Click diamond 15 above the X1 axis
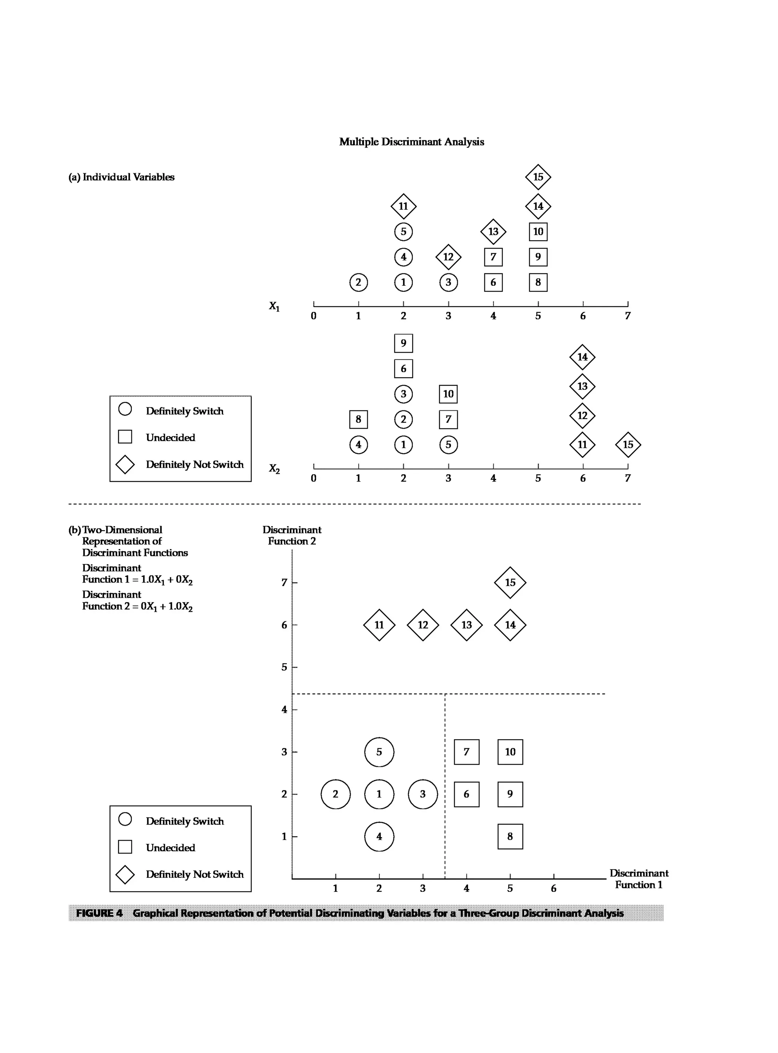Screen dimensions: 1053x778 click(x=538, y=177)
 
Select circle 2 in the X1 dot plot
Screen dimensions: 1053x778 click(x=358, y=282)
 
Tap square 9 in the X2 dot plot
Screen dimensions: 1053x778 click(x=403, y=343)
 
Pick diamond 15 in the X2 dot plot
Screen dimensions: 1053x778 click(x=628, y=445)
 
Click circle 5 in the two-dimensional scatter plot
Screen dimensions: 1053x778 click(x=379, y=752)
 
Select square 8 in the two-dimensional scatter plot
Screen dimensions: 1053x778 click(x=510, y=837)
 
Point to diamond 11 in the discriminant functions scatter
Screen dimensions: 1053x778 click(x=379, y=625)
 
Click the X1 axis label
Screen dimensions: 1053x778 click(x=274, y=307)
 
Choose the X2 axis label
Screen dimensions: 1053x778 click(x=274, y=469)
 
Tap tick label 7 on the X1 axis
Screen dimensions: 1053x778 click(x=627, y=316)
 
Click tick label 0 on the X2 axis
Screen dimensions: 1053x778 click(x=314, y=478)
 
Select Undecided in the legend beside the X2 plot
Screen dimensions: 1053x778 click(x=170, y=438)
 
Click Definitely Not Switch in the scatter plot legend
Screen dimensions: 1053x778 click(x=194, y=874)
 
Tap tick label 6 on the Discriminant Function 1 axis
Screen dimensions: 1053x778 click(x=553, y=888)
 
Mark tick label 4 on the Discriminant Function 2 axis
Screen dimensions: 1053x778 click(x=284, y=709)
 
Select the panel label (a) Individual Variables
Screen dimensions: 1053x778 click(x=122, y=177)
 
